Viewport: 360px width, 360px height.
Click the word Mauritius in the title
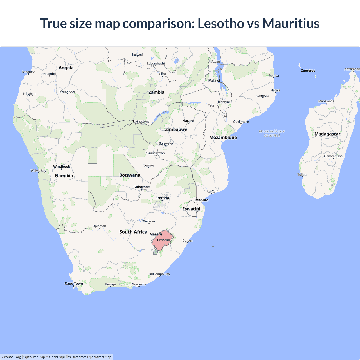click(x=291, y=23)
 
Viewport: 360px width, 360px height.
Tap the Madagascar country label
click(x=327, y=134)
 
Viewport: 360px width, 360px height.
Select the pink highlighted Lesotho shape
click(x=162, y=240)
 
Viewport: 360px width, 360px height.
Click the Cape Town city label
click(x=74, y=283)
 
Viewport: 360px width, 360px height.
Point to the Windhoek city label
click(x=62, y=166)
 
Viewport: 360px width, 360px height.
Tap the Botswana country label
click(x=129, y=175)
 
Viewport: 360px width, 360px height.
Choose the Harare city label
click(x=188, y=121)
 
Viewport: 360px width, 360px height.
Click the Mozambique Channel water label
click(x=272, y=133)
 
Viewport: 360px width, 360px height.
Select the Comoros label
click(x=308, y=71)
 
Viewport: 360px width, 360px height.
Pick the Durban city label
click(x=188, y=240)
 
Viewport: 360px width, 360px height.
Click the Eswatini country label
click(x=191, y=209)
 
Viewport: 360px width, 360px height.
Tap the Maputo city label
click(x=202, y=200)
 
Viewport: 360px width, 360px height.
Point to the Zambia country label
click(x=156, y=92)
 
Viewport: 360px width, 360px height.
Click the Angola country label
click(x=66, y=68)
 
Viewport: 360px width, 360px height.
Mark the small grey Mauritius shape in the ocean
click(x=213, y=246)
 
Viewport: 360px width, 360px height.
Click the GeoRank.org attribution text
click(x=11, y=357)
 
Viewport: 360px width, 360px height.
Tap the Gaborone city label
click(x=141, y=187)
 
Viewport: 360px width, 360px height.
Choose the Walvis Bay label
click(x=38, y=171)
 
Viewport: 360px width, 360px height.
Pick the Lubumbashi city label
click(x=156, y=64)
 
